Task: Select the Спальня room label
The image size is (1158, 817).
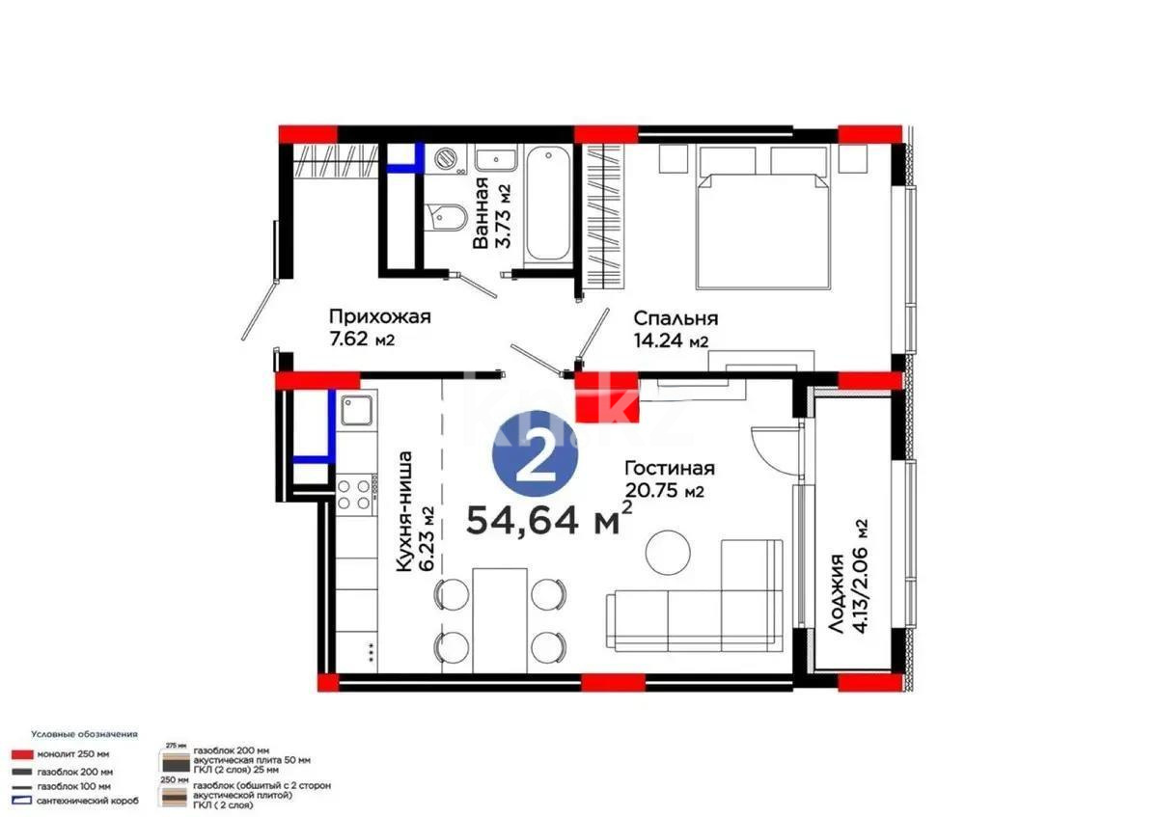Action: (x=675, y=328)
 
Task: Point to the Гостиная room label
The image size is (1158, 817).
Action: (x=668, y=478)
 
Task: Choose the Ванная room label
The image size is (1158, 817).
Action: (x=490, y=213)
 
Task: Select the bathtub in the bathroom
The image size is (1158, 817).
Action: (x=547, y=203)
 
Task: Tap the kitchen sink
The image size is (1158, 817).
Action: (x=357, y=413)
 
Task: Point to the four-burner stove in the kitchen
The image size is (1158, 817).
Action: (x=355, y=494)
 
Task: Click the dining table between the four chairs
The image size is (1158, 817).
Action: (x=501, y=619)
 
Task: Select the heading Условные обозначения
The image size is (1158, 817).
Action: (x=84, y=734)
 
